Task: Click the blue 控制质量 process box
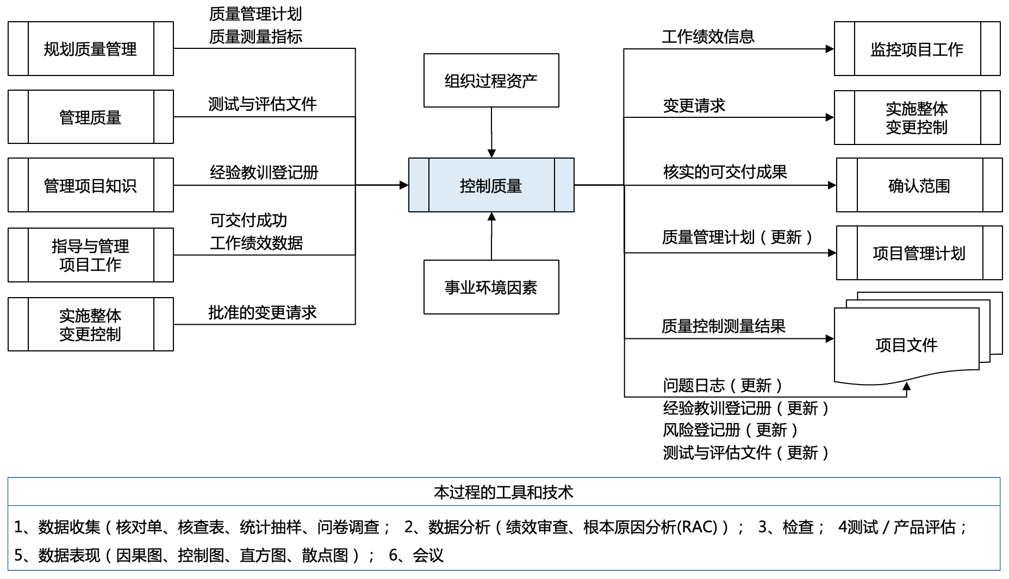click(491, 185)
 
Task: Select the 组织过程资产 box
click(491, 80)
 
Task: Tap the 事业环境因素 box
click(491, 287)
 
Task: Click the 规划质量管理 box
click(90, 49)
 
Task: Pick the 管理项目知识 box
click(90, 185)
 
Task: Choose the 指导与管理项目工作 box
click(90, 255)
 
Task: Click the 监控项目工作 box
click(917, 49)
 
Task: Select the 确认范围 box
click(919, 185)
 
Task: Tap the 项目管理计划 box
click(919, 253)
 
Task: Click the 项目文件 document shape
click(906, 345)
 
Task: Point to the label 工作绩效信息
click(708, 36)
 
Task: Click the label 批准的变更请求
click(262, 312)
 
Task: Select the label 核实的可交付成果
click(725, 172)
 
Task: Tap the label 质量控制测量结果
click(723, 326)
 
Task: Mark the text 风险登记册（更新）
click(731, 430)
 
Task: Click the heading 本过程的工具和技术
click(503, 492)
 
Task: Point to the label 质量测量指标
click(256, 36)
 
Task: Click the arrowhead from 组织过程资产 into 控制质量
click(491, 154)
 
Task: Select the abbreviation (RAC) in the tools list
click(696, 527)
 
